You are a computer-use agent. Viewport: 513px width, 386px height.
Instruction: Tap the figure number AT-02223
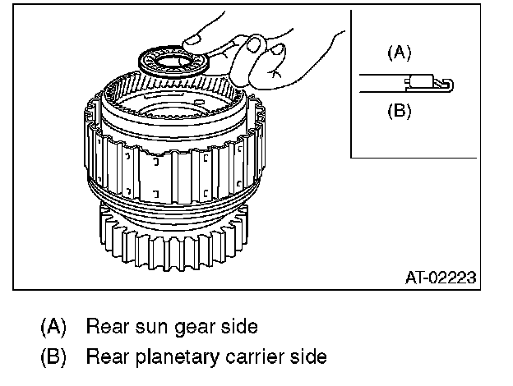(x=441, y=277)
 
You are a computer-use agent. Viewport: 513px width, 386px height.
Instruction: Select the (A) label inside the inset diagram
(x=399, y=52)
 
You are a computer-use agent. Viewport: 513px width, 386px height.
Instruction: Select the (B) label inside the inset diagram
(x=399, y=110)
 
